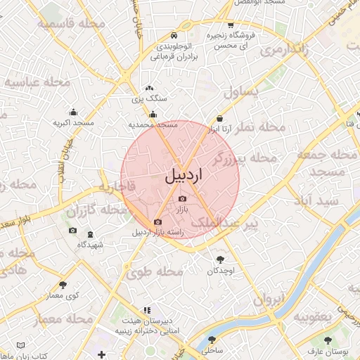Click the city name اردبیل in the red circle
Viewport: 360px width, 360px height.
click(183, 176)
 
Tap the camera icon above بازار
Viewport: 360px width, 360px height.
click(182, 199)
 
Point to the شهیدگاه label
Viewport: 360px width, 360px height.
click(90, 245)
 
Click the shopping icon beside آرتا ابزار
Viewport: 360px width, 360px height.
click(221, 119)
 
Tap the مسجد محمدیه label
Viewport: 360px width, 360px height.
click(153, 124)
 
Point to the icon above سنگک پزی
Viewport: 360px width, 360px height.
click(148, 89)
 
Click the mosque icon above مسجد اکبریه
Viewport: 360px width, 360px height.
click(73, 112)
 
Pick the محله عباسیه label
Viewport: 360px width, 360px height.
click(37, 82)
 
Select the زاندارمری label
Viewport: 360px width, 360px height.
click(283, 51)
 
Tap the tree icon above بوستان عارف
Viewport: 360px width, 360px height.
click(327, 340)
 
